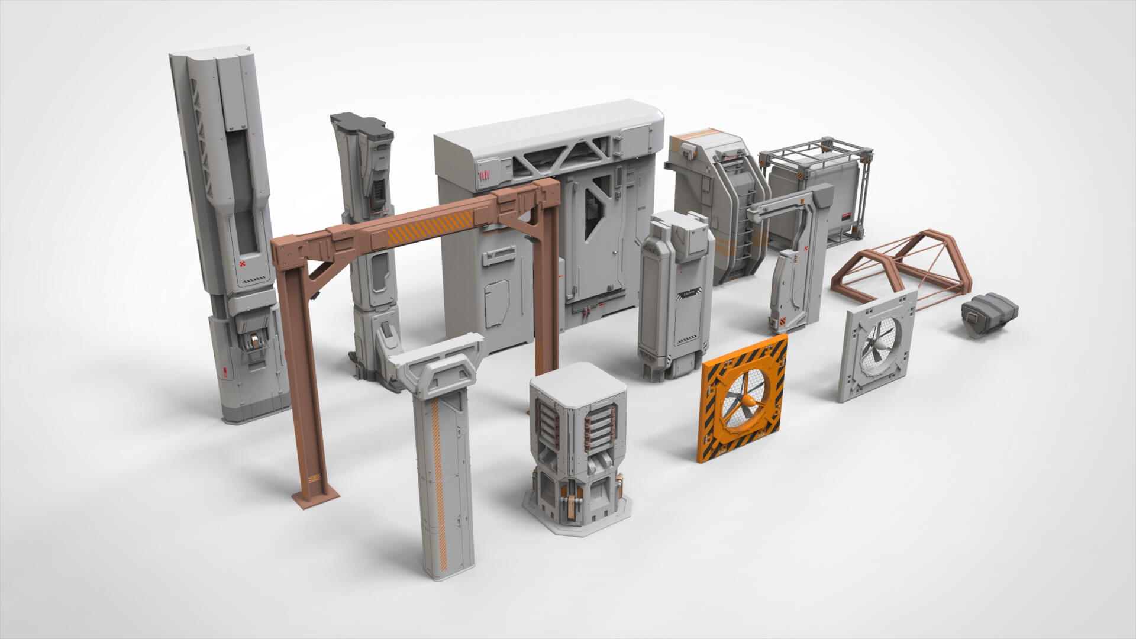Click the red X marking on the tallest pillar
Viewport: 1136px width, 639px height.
(x=243, y=264)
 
